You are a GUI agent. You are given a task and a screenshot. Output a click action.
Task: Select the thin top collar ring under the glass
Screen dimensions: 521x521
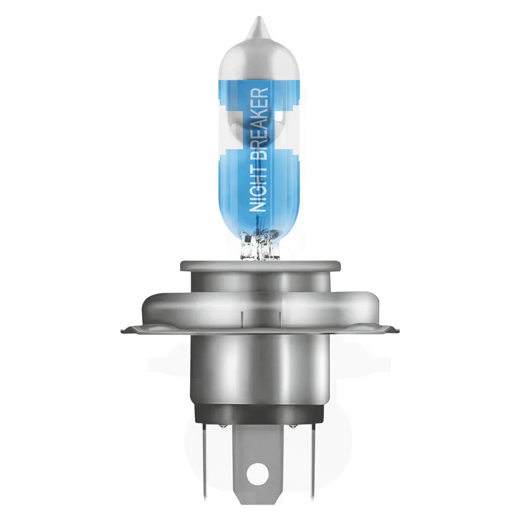(x=255, y=266)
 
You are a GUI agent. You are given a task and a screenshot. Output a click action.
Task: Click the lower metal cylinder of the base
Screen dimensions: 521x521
(x=257, y=370)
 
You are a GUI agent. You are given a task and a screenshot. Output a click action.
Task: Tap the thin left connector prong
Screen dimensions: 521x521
(x=205, y=458)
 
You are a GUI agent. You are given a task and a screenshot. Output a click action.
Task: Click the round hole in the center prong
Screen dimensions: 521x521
(x=258, y=474)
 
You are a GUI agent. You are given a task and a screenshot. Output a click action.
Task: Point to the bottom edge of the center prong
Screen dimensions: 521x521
(x=258, y=499)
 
